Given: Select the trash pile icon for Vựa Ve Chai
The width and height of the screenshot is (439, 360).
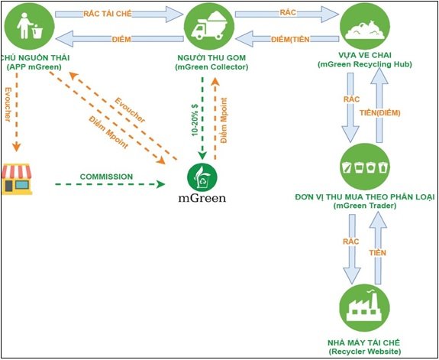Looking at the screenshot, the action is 365,30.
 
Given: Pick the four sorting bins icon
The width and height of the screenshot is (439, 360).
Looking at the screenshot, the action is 364,167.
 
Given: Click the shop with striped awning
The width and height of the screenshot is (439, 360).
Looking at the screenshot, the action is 17,180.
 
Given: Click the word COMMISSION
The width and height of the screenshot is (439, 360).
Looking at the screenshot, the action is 106,177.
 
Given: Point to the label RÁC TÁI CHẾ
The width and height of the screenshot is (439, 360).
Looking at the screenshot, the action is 104,14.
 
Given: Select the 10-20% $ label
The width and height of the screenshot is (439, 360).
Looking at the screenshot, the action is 195,120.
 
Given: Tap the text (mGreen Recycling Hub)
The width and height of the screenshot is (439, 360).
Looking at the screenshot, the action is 365,64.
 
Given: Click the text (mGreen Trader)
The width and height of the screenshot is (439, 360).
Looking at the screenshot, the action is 365,206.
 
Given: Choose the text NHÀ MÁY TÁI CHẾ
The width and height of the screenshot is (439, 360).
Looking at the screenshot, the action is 364,342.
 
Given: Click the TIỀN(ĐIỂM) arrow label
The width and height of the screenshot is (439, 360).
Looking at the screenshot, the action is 379,112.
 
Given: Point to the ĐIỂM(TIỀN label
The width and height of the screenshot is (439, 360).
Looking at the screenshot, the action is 290,40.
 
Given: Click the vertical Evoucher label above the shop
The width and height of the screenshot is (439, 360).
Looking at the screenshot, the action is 8,104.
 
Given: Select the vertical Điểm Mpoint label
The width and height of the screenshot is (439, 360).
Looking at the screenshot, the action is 224,121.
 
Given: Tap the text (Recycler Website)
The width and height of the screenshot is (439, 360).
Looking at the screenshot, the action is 364,351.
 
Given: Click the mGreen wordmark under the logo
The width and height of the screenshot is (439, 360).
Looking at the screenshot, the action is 202,199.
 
